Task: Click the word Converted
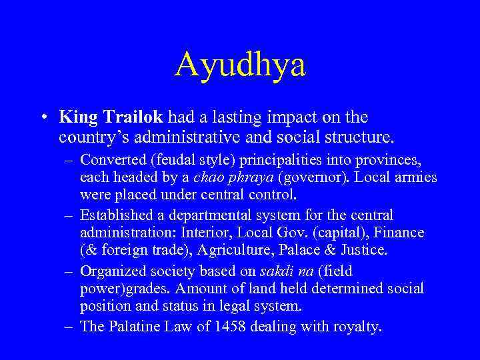(x=108, y=161)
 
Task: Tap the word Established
(x=112, y=215)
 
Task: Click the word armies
(x=418, y=178)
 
